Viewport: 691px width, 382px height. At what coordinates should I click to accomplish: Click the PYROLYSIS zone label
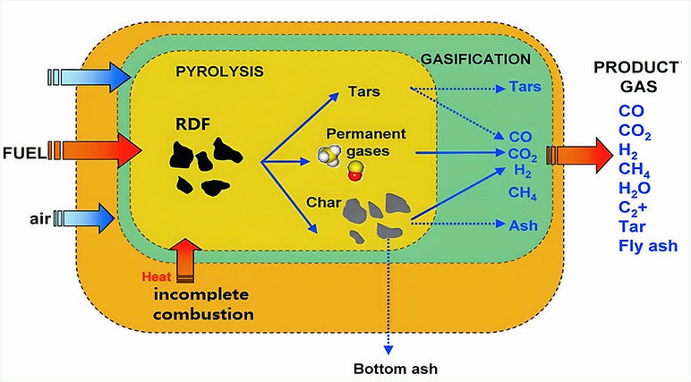[x=219, y=72]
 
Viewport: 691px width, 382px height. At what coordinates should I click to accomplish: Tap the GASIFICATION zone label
[x=475, y=59]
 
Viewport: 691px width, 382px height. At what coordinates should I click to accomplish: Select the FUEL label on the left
[x=25, y=153]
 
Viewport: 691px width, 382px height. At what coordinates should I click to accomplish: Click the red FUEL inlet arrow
[x=95, y=151]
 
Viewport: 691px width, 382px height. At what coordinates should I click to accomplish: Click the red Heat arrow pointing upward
[x=186, y=260]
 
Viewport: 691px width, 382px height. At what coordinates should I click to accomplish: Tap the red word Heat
[x=157, y=276]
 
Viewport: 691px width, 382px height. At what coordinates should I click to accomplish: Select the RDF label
[x=193, y=124]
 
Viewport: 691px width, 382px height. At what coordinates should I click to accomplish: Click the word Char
[x=324, y=202]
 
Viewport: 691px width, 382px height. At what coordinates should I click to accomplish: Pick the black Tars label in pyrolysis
[x=364, y=91]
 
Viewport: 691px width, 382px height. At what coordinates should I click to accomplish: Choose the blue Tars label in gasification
[x=525, y=87]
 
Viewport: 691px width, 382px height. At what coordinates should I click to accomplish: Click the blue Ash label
[x=523, y=225]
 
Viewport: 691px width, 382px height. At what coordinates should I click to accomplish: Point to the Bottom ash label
[x=396, y=369]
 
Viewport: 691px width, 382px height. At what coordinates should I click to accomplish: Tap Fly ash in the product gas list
[x=648, y=245]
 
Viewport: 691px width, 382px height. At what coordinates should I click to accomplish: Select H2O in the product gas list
[x=634, y=189]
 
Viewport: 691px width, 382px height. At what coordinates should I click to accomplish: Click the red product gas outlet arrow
[x=579, y=155]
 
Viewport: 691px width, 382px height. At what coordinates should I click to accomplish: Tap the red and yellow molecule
[x=355, y=171]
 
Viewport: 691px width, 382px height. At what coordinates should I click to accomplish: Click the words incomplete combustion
[x=203, y=304]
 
